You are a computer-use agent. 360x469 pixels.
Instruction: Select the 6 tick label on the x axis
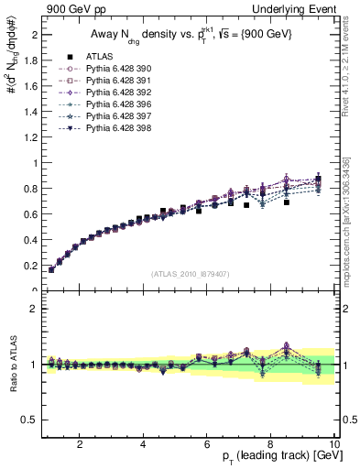pos(206,444)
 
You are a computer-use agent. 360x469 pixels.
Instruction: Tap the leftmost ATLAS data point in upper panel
pos(51,269)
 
